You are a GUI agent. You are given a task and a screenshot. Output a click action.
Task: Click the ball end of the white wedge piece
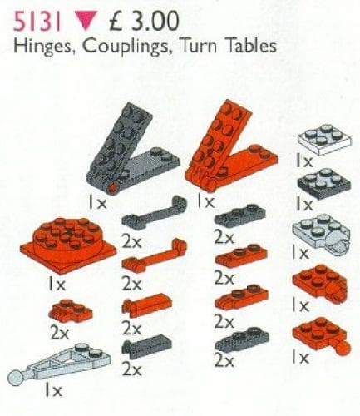tap(22, 381)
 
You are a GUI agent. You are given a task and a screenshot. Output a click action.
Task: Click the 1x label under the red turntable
tap(57, 284)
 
